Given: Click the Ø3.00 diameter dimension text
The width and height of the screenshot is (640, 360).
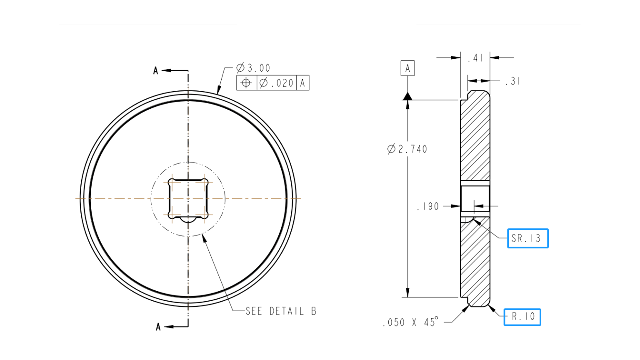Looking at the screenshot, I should point(253,68).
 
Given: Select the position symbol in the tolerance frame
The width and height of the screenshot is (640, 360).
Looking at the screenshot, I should point(246,83).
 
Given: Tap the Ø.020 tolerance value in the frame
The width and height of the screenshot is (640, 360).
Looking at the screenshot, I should point(277,83).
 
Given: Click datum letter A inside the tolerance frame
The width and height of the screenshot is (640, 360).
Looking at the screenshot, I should point(302,83).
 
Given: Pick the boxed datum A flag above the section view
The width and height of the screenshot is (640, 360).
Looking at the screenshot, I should point(407,68).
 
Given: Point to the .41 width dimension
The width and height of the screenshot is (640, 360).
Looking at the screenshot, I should point(475,58).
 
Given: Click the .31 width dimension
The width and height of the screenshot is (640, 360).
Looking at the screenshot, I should point(512,82).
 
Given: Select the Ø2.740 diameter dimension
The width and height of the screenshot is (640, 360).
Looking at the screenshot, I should point(407,149).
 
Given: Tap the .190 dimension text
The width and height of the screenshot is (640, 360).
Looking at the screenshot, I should point(428,206).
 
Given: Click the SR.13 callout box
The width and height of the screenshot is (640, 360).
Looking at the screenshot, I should point(527,238).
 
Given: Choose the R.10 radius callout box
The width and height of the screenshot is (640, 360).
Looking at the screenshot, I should point(522,317).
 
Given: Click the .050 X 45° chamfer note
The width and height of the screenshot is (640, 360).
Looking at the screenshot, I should point(410,322).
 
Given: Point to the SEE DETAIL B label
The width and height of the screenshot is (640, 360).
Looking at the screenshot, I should point(281,311).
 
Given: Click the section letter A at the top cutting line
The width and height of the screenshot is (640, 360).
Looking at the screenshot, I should point(156,71).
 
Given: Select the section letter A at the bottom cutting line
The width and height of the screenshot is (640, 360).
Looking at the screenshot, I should point(158,327).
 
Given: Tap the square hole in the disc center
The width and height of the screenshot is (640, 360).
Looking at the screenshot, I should point(188,198).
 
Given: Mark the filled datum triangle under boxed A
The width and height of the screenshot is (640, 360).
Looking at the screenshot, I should point(407,96).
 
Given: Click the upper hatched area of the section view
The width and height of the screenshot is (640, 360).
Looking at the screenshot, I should point(475,137).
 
